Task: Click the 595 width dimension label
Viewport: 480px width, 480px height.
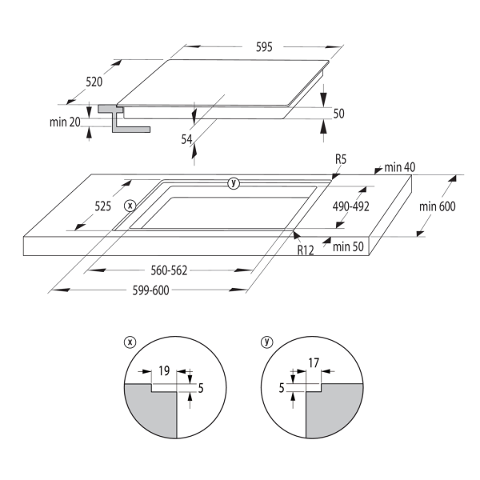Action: tap(264, 47)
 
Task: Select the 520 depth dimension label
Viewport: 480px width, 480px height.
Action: tap(94, 82)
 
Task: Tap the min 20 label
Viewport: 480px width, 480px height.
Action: tap(65, 122)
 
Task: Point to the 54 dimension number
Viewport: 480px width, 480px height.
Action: tap(186, 139)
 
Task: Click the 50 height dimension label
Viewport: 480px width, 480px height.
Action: tap(338, 114)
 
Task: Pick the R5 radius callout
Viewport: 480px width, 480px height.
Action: tap(341, 159)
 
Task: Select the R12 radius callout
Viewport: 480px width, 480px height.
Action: tap(306, 250)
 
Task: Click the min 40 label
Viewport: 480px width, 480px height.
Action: tap(399, 167)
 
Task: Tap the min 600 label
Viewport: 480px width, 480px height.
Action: tap(437, 206)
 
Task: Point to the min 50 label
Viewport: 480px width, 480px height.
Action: tap(348, 246)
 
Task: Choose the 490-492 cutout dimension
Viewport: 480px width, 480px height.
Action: tap(351, 206)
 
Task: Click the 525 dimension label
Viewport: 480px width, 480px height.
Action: tap(102, 206)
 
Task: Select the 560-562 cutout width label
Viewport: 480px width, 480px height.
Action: tap(169, 270)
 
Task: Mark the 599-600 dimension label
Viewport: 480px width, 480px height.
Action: tap(150, 290)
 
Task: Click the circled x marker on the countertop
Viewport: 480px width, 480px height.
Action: tap(130, 206)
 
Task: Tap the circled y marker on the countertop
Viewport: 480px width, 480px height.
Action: tap(234, 183)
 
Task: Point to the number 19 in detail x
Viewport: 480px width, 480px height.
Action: tap(164, 370)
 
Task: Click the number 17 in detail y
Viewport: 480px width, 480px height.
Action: tap(314, 362)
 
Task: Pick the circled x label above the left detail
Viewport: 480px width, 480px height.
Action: tap(130, 342)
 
